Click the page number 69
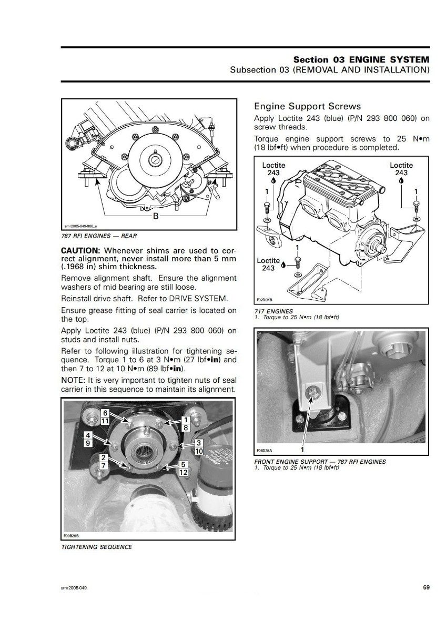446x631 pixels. pos(426,587)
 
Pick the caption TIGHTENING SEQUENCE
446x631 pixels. pos(96,547)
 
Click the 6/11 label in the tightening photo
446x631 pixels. pos(105,418)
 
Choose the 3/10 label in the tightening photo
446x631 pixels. pos(199,447)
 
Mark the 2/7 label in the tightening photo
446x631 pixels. pos(105,461)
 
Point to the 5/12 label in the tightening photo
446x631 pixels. pos(184,468)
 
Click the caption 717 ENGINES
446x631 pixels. pos(274,311)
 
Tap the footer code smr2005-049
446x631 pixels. pos(74,588)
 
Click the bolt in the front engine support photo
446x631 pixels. pos(312,391)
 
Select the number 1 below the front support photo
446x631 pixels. pos(302,450)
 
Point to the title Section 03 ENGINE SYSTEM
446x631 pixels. pos(361,59)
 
